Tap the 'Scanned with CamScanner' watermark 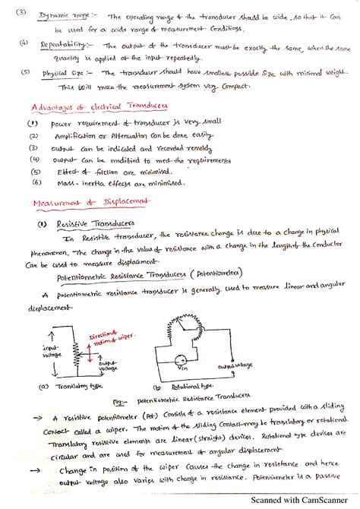302,501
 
